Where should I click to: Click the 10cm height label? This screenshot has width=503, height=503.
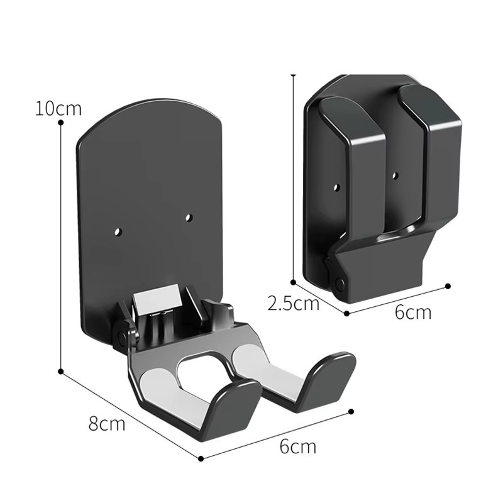[58, 108]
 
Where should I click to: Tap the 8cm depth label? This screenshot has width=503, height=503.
[107, 423]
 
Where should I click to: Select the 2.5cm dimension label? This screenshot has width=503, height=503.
[293, 303]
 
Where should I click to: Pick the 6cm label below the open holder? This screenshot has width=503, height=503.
[297, 446]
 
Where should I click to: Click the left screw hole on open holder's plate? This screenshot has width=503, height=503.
[119, 231]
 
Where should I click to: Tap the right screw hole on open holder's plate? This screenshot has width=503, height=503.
[189, 218]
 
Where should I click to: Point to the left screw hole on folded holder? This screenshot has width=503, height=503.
[336, 187]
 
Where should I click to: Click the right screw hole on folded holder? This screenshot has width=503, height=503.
[395, 175]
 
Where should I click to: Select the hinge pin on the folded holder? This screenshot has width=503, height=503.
[339, 283]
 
